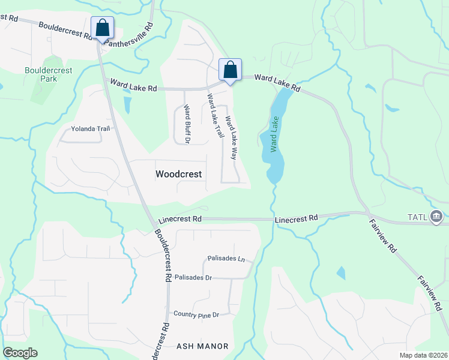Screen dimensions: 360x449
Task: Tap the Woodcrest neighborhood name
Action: [x=179, y=174]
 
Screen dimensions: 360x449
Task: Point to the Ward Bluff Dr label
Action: [x=187, y=124]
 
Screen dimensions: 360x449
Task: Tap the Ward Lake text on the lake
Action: [x=275, y=137]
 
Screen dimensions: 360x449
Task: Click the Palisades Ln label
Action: [x=226, y=259]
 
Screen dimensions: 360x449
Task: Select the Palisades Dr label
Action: [x=193, y=278]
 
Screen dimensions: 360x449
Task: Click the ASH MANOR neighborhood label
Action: [x=202, y=346]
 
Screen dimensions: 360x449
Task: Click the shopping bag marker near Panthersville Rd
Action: [x=102, y=28]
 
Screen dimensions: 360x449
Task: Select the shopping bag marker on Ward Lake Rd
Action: [x=230, y=70]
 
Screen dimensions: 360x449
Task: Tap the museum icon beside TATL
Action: [x=436, y=216]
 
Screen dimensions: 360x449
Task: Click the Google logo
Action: [x=20, y=353]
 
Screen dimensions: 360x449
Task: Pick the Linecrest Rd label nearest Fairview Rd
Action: [x=296, y=220]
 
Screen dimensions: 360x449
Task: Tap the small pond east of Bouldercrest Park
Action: [x=127, y=105]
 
